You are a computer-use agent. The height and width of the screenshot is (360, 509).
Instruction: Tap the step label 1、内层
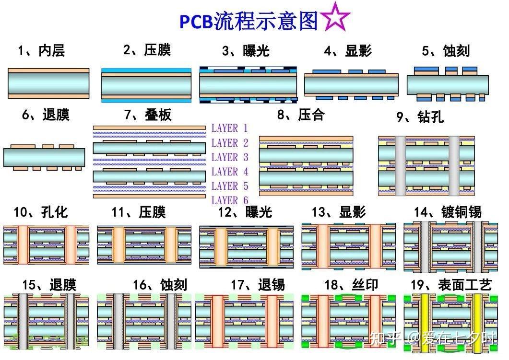click(41, 50)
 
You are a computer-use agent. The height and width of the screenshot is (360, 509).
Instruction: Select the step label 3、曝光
click(246, 51)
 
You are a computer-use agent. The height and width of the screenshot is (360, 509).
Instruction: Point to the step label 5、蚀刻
click(446, 51)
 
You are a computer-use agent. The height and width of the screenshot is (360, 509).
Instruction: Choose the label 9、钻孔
click(420, 117)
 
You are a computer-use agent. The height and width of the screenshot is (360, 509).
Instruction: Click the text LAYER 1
click(230, 128)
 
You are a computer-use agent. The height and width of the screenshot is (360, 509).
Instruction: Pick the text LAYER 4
click(230, 172)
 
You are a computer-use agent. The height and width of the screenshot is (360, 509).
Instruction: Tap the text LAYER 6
click(230, 200)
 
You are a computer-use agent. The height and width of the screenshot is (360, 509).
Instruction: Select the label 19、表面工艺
click(451, 285)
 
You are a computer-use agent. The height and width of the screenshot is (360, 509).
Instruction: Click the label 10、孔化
click(41, 212)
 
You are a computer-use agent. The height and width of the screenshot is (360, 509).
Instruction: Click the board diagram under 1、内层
click(48, 83)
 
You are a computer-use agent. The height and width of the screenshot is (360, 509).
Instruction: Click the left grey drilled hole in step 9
click(400, 166)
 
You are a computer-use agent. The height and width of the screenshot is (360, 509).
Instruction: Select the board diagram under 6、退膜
click(44, 157)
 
